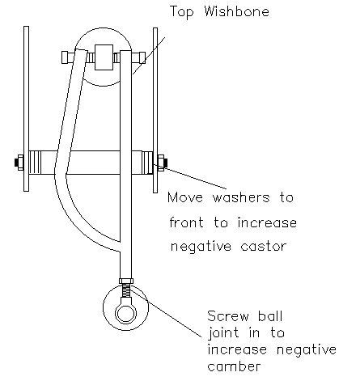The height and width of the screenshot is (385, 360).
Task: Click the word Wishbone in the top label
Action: [x=236, y=11]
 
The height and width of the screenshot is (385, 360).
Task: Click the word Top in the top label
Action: [x=182, y=12]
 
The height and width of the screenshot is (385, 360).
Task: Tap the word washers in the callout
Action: [x=241, y=197]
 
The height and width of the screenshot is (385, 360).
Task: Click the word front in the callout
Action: [x=186, y=222]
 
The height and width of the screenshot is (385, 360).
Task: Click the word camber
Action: [x=234, y=366]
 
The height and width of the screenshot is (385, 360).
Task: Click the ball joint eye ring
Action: [x=125, y=313]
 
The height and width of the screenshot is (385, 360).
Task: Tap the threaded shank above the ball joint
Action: [x=126, y=290]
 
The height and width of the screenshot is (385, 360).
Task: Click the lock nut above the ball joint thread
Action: [x=126, y=281]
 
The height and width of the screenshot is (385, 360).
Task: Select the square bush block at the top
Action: [x=104, y=57]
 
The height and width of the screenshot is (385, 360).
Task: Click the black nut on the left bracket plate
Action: [x=19, y=163]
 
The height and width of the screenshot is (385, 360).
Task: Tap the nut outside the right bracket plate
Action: [x=162, y=163]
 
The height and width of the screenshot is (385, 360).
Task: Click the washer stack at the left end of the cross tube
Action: [x=35, y=163]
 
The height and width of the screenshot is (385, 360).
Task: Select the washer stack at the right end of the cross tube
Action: [x=147, y=163]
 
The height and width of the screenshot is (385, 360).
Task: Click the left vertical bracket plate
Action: [x=26, y=109]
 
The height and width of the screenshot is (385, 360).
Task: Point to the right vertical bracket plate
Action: [x=155, y=110]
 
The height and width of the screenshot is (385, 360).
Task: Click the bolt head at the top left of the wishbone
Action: [x=68, y=57]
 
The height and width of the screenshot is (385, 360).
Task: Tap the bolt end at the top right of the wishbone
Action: [x=139, y=58]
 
